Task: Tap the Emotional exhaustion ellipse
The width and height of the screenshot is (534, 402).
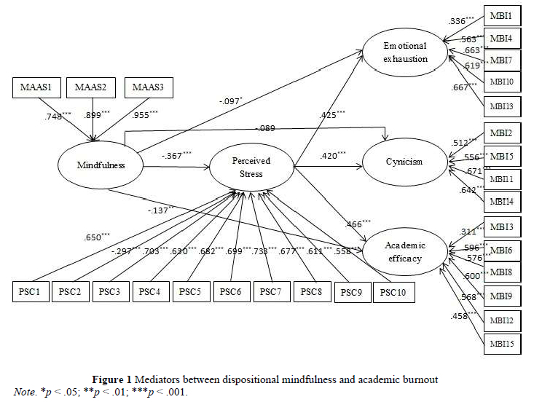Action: click(405, 52)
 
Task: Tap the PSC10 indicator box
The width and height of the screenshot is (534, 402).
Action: click(393, 293)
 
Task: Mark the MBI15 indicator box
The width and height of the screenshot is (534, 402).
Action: click(502, 342)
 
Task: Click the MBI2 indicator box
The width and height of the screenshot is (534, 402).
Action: click(502, 133)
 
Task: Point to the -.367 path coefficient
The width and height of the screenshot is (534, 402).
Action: click(176, 154)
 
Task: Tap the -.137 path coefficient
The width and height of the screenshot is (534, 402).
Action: click(160, 210)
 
